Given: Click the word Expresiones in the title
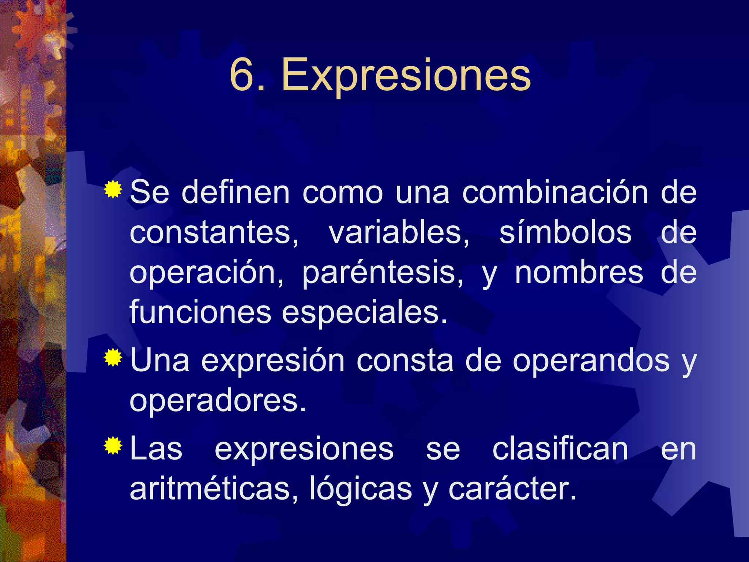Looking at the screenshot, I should (406, 75).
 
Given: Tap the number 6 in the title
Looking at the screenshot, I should (242, 75).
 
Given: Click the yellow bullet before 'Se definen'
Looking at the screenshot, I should (113, 190).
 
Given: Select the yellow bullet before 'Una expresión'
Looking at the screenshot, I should (113, 357).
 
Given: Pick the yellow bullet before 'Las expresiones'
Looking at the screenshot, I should (113, 445).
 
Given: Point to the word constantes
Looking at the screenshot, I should (214, 233).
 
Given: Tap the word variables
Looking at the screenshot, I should (399, 233).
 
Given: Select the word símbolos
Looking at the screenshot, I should (565, 233).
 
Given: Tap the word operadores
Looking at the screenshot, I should (218, 401).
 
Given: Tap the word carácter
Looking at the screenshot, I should (512, 489).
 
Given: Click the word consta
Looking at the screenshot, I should (404, 361).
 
